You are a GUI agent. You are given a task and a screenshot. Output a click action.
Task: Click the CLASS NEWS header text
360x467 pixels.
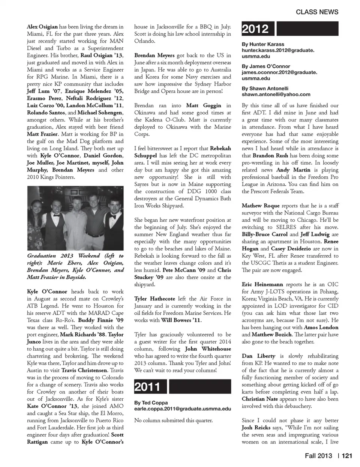point(317,12)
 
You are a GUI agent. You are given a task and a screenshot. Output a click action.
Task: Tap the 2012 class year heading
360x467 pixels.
point(255,29)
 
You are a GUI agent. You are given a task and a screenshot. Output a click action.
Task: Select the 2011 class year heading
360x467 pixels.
point(147,387)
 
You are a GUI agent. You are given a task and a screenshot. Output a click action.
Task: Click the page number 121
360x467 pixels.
point(347,455)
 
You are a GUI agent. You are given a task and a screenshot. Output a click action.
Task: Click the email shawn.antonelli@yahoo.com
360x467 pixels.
point(276,95)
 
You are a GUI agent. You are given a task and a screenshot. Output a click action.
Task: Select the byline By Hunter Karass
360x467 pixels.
point(263,44)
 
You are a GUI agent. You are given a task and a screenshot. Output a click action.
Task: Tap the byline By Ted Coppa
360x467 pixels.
point(151,402)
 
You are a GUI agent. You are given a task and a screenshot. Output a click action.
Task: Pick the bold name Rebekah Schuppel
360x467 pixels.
point(183,152)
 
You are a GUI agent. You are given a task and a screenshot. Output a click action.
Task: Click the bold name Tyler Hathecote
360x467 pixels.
point(154,299)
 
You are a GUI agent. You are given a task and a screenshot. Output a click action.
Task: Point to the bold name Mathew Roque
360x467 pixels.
point(260,206)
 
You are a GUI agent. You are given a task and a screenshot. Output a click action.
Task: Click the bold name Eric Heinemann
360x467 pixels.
point(261,284)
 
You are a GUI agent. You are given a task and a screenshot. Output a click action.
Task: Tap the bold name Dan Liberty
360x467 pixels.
point(258,356)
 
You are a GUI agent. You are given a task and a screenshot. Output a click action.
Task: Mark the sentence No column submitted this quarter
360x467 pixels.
point(173,420)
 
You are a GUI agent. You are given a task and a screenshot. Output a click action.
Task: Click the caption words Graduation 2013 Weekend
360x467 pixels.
point(64,256)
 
